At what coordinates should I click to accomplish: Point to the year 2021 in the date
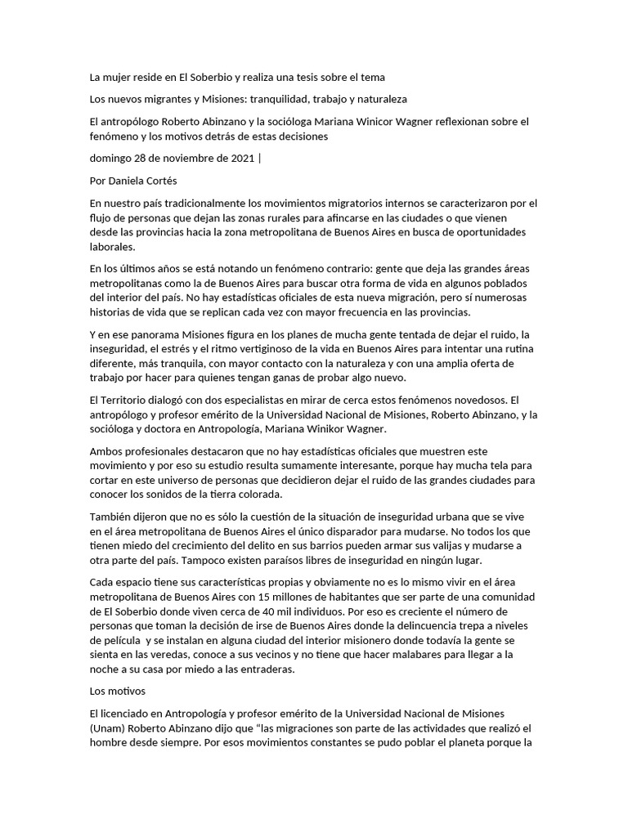[x=236, y=159]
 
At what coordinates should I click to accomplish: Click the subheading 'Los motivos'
[x=117, y=691]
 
